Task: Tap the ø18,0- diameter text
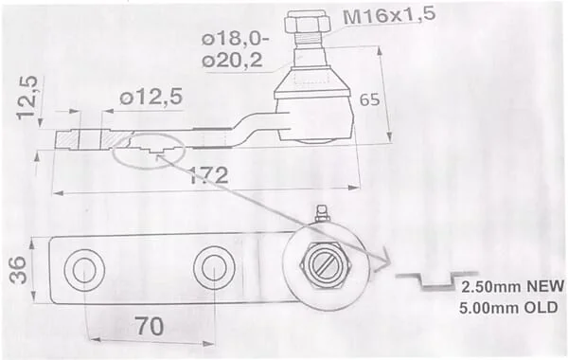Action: [x=235, y=39]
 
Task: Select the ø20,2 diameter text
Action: [x=232, y=61]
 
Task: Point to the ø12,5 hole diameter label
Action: [x=151, y=97]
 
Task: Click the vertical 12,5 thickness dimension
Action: [x=27, y=98]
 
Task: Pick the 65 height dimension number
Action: [x=369, y=99]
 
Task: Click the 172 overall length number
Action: [x=209, y=176]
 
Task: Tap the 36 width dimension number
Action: [x=18, y=270]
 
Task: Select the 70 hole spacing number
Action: [x=150, y=326]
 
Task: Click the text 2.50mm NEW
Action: [x=512, y=286]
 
